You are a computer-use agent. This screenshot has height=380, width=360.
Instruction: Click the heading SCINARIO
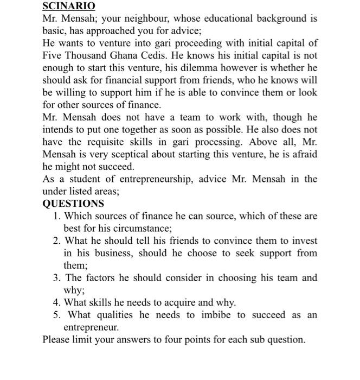coord(69,7)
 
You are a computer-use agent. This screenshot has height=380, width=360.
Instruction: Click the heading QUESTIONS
coord(73,204)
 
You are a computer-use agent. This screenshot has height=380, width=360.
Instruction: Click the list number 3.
coord(56,278)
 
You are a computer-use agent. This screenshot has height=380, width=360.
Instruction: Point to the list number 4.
coord(56,302)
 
